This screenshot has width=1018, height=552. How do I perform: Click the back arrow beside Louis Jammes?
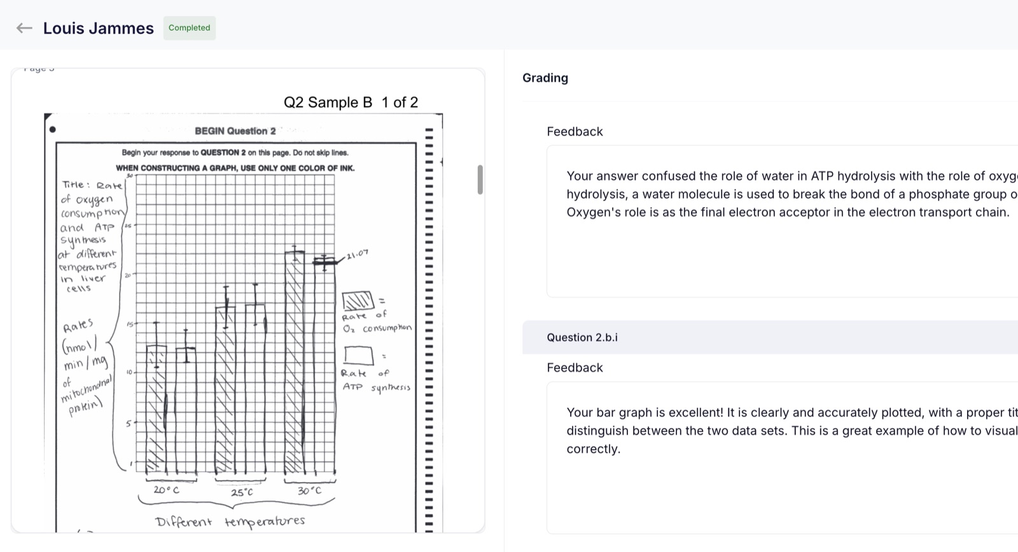[24, 28]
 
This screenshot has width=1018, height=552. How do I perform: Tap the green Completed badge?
[189, 28]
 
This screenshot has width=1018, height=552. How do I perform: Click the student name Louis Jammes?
[98, 29]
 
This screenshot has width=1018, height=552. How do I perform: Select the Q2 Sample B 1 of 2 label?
[351, 102]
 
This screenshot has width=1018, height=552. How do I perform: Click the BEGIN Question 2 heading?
[235, 131]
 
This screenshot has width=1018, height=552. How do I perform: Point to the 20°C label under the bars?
[166, 490]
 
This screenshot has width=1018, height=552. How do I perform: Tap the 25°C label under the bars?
[242, 492]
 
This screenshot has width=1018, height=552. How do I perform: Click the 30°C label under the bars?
[309, 491]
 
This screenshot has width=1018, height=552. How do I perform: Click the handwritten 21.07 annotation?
[358, 254]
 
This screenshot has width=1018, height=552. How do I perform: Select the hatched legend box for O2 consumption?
[358, 300]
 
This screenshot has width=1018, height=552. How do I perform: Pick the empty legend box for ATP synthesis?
[359, 355]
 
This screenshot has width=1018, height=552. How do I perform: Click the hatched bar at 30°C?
[294, 362]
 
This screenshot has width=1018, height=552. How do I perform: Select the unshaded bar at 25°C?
[255, 388]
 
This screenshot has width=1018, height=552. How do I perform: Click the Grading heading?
[545, 78]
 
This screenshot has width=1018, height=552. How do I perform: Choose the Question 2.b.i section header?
[582, 338]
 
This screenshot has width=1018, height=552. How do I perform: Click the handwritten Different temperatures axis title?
[230, 521]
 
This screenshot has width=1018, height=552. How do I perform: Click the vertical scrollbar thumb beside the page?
[480, 179]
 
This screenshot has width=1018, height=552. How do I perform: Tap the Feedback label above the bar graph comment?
[575, 368]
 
